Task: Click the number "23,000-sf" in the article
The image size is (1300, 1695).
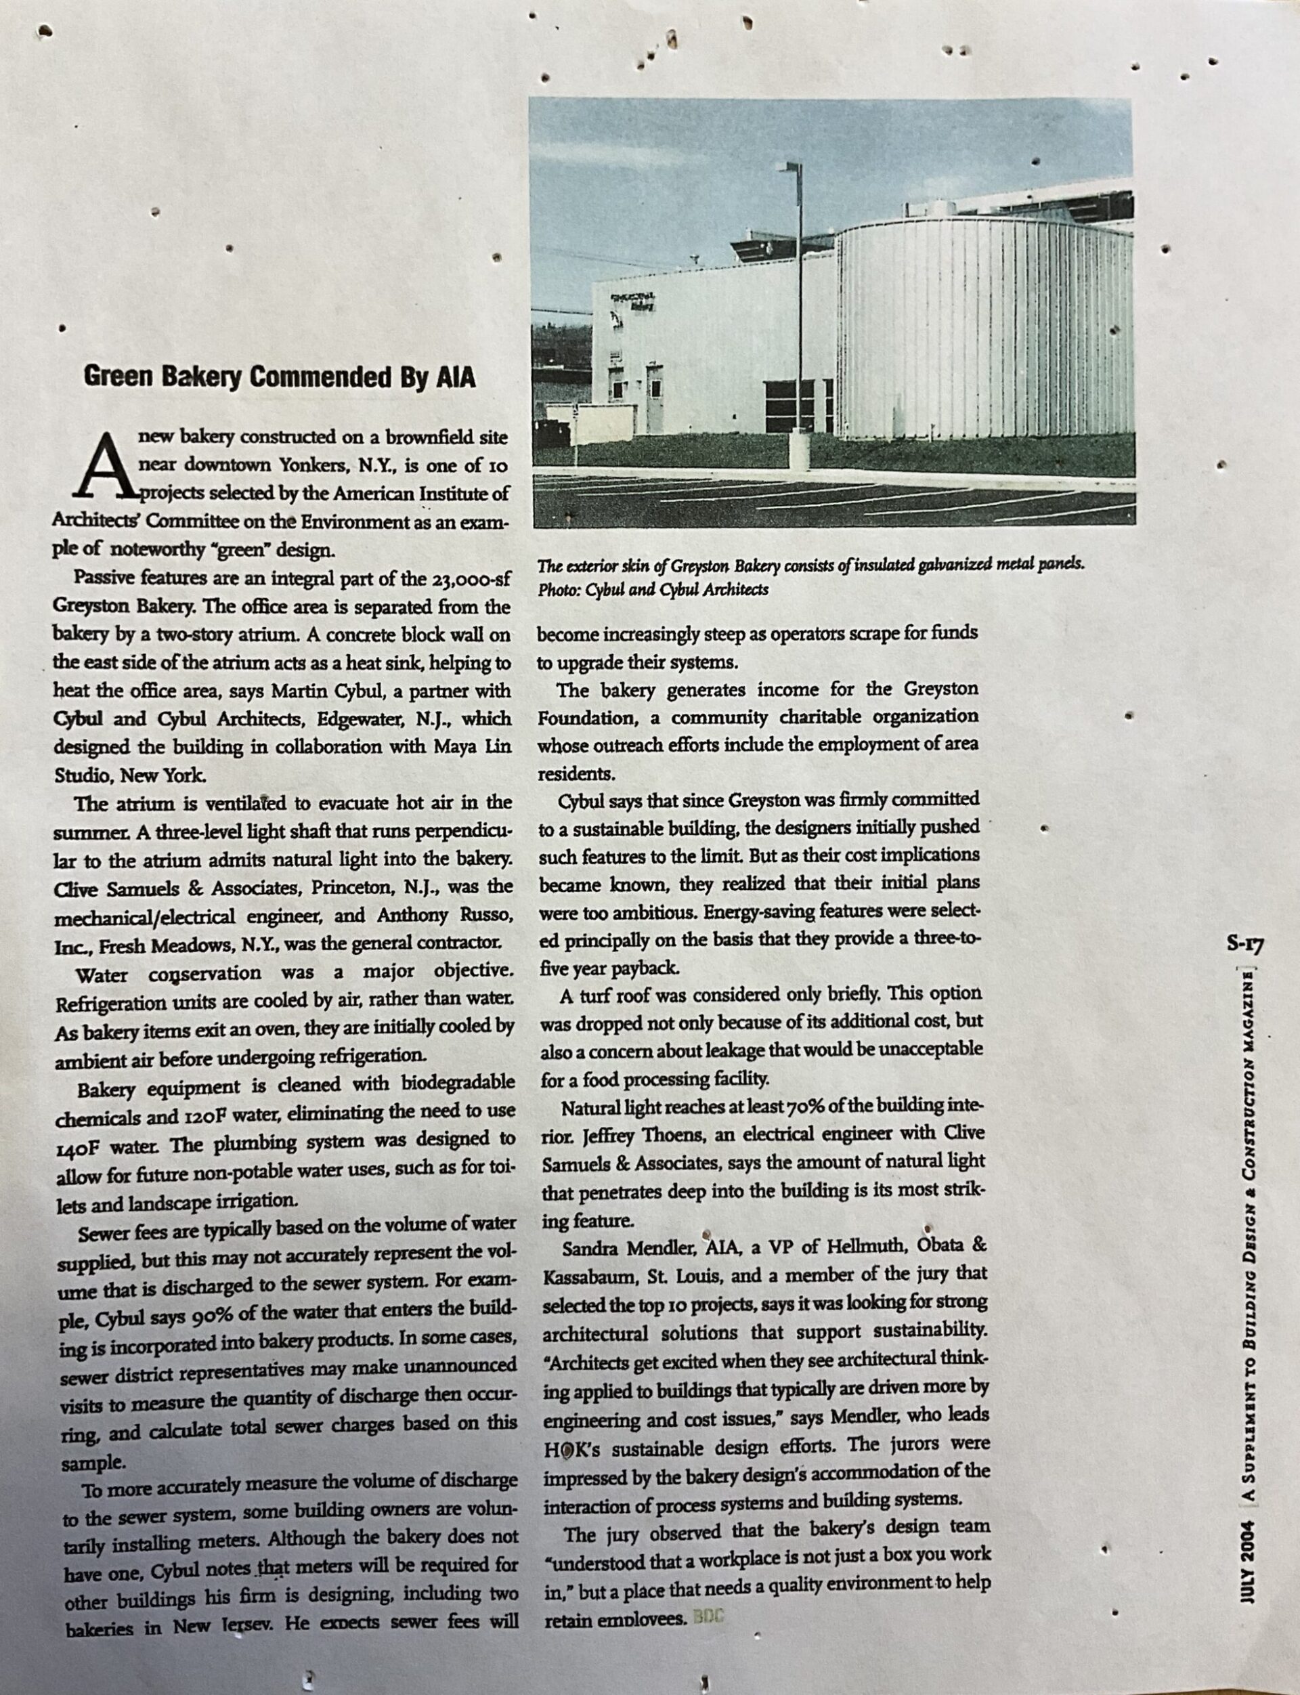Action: [470, 578]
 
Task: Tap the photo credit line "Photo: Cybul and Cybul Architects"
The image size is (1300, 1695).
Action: [654, 590]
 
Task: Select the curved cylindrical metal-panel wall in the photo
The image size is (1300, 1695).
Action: [982, 341]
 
